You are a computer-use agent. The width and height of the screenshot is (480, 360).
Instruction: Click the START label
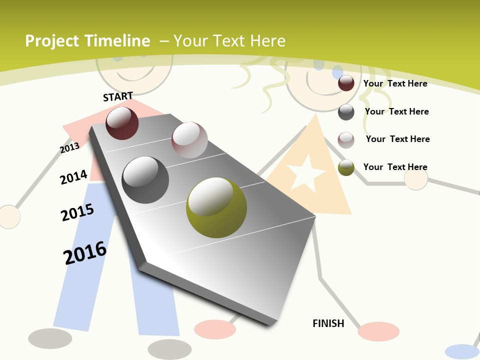pyautogui.click(x=118, y=96)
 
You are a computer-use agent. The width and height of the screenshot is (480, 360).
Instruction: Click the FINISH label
pyautogui.click(x=328, y=323)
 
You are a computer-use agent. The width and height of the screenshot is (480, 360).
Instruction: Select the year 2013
pyautogui.click(x=69, y=147)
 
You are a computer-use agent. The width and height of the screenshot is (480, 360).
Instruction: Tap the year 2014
pyautogui.click(x=73, y=177)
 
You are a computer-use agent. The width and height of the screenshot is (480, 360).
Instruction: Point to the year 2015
pyautogui.click(x=77, y=212)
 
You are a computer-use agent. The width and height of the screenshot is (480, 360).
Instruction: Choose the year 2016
pyautogui.click(x=85, y=252)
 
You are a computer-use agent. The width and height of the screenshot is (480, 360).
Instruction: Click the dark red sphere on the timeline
pyautogui.click(x=122, y=123)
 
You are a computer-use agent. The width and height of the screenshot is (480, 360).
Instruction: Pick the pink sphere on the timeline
pyautogui.click(x=189, y=140)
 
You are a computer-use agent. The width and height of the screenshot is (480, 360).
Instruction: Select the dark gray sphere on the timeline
pyautogui.click(x=145, y=180)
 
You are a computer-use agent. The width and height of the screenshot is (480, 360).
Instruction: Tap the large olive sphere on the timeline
pyautogui.click(x=216, y=207)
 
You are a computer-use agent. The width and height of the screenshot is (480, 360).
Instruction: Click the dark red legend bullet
pyautogui.click(x=346, y=83)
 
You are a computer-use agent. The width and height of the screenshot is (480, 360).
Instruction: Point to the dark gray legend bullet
pyautogui.click(x=346, y=112)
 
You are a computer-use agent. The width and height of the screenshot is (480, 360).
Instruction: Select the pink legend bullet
pyautogui.click(x=346, y=140)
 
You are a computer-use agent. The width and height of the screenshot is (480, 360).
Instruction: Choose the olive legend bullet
pyautogui.click(x=346, y=167)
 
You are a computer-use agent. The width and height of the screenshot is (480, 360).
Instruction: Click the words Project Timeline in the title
pyautogui.click(x=87, y=41)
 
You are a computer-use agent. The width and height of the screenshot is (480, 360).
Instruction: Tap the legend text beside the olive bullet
pyautogui.click(x=395, y=167)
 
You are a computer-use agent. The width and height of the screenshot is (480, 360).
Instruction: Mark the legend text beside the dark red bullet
pyautogui.click(x=395, y=83)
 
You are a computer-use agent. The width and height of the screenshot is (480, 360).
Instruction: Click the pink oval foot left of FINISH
pyautogui.click(x=215, y=329)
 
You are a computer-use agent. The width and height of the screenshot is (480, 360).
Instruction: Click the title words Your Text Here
pyautogui.click(x=229, y=41)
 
